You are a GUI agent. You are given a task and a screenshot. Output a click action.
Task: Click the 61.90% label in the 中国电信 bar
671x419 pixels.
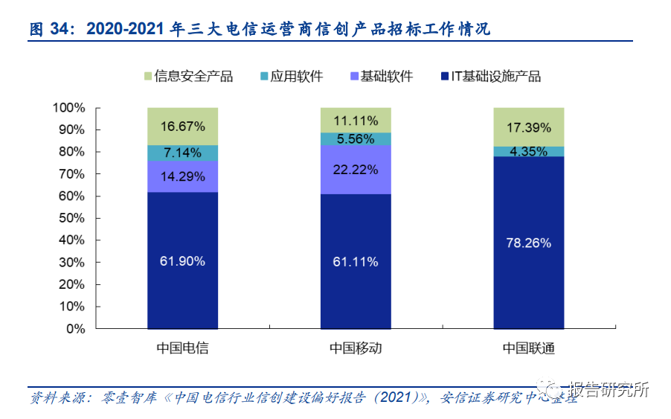(x=182, y=261)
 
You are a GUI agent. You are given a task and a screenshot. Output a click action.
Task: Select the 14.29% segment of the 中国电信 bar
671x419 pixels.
(x=182, y=176)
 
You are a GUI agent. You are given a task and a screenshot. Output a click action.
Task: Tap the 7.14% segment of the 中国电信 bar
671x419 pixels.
(x=182, y=153)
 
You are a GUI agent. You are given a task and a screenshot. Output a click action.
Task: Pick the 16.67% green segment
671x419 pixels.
(x=182, y=126)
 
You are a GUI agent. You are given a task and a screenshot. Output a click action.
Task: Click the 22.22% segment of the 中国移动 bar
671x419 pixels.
(x=356, y=170)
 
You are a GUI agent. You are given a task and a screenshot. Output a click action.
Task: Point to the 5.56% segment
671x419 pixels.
(x=356, y=138)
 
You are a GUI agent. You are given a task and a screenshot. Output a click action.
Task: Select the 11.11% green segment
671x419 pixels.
(x=356, y=120)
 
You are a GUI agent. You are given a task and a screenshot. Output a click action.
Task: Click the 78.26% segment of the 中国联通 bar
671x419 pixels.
(x=529, y=243)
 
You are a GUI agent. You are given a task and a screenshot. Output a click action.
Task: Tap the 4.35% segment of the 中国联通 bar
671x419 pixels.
(x=529, y=152)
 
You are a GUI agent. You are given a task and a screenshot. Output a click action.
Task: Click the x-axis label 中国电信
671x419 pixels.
(x=182, y=348)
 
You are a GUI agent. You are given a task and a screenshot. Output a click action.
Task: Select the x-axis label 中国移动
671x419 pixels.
(x=356, y=348)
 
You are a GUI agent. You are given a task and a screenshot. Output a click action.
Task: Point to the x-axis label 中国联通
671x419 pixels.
(x=529, y=348)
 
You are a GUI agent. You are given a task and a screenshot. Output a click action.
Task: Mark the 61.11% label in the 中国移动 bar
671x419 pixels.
(x=356, y=261)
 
